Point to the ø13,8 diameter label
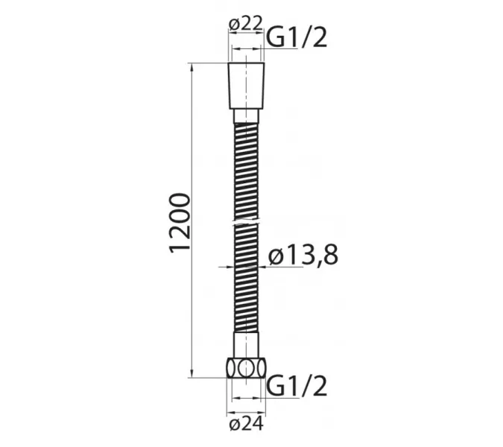point(303,256)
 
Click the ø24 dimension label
point(245,426)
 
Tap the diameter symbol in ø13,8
point(274,256)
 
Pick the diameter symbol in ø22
point(235,24)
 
